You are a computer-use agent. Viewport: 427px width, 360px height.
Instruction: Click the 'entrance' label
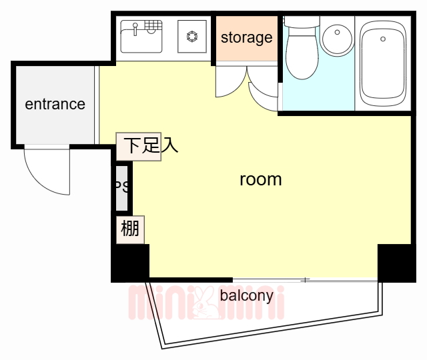click(55, 104)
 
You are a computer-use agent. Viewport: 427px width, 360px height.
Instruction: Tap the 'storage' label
click(246, 37)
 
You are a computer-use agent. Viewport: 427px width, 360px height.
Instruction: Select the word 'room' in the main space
click(260, 179)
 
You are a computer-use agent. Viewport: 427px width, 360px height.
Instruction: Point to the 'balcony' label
click(246, 295)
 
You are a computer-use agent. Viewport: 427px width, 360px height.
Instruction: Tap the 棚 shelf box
click(130, 229)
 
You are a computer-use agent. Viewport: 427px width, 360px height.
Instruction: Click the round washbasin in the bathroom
click(337, 39)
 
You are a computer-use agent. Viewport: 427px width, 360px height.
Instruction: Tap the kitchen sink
click(141, 36)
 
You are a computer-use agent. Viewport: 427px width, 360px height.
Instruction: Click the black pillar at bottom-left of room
click(129, 263)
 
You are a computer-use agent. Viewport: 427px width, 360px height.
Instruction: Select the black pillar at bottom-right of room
click(396, 262)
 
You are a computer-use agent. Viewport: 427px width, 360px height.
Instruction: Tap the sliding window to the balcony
click(304, 279)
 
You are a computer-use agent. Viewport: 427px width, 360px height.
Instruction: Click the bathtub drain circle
click(383, 39)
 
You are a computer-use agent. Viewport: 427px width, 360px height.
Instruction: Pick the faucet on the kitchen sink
click(135, 28)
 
